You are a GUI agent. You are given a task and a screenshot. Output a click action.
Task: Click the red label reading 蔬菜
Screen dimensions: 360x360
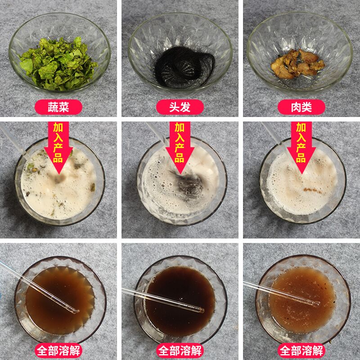[59, 107]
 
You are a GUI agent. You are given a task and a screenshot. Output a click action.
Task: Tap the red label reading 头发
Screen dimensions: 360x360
[180, 107]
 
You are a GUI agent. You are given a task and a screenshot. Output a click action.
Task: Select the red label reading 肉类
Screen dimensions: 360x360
[301, 107]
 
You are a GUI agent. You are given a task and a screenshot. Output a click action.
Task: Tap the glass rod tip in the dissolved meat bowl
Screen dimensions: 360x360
[317, 303]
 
